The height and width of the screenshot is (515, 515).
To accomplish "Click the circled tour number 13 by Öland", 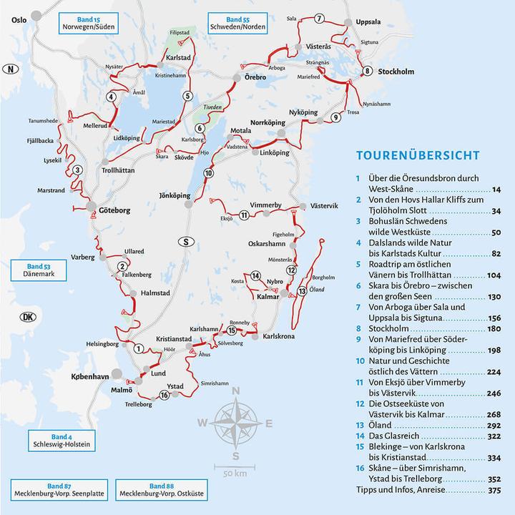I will pyautogui.click(x=303, y=290).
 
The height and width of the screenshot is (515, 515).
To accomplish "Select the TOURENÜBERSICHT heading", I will pyautogui.click(x=418, y=154).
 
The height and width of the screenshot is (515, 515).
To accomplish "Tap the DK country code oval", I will pyautogui.click(x=27, y=318).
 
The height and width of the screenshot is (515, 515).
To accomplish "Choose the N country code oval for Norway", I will pyautogui.click(x=9, y=69).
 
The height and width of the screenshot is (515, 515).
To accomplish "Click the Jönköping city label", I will pyautogui.click(x=174, y=195).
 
